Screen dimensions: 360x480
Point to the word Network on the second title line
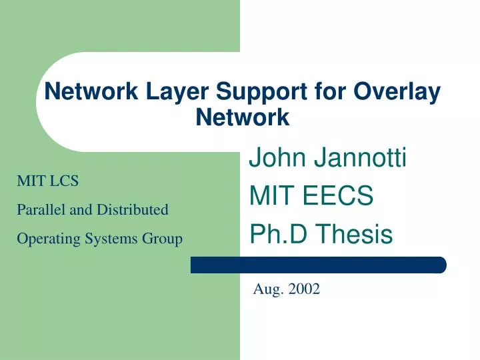[x=243, y=118]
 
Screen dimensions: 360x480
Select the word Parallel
[x=40, y=209]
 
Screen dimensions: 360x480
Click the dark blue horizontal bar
[x=319, y=265]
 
